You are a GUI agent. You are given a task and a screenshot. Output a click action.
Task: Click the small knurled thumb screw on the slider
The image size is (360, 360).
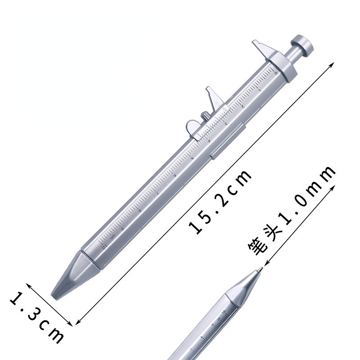tap(205, 117)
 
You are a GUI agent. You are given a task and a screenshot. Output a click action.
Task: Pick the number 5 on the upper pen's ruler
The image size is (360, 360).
tap(192, 157)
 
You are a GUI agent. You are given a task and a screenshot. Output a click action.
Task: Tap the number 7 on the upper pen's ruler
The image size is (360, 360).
tap(157, 192)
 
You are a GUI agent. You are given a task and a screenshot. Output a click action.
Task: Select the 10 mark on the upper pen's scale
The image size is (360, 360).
tap(104, 246)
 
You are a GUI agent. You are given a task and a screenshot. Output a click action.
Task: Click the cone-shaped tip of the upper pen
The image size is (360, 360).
tap(72, 277)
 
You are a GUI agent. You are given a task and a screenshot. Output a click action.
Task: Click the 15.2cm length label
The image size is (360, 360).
tap(220, 202)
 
